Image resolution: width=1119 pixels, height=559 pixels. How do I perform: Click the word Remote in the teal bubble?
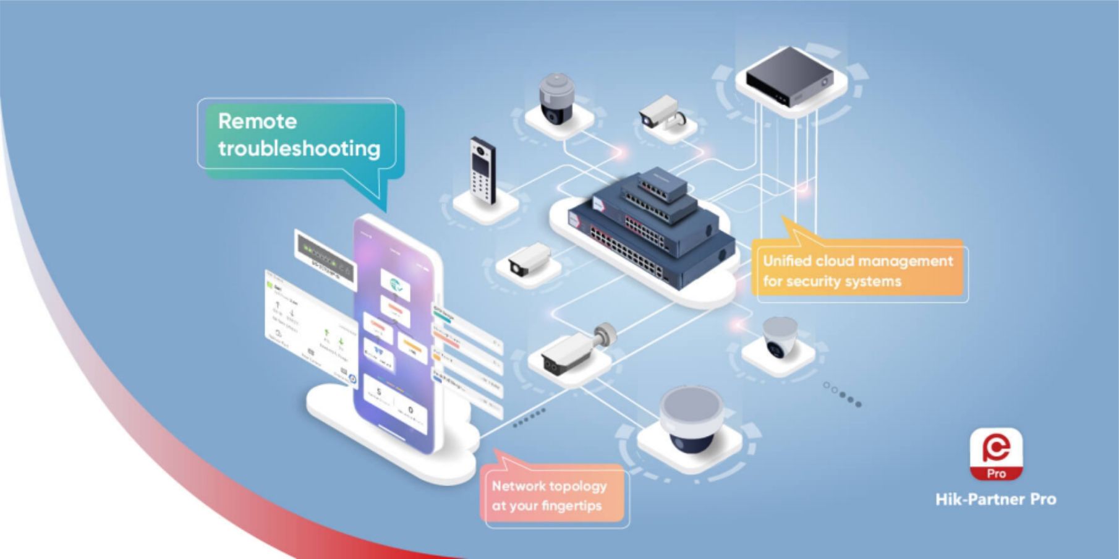pos(257,121)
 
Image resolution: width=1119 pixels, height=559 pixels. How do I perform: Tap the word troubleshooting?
pos(299,149)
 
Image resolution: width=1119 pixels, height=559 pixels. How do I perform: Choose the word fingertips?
pos(571,506)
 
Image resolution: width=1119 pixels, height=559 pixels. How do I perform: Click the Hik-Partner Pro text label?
pos(995,499)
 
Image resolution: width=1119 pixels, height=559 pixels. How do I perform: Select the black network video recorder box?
pos(788,77)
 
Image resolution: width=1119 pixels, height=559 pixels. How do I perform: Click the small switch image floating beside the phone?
pos(325,255)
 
